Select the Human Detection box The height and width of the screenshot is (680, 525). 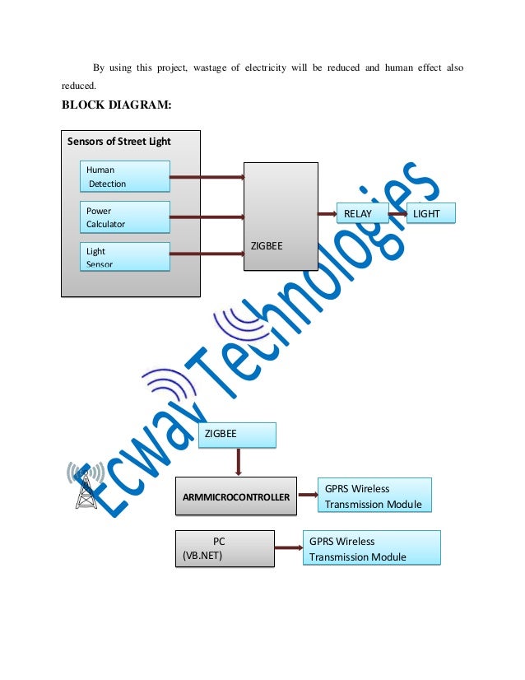[125, 176]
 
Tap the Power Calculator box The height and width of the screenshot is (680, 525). [125, 217]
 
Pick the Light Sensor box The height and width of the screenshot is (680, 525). [125, 256]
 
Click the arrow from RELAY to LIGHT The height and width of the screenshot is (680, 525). [398, 214]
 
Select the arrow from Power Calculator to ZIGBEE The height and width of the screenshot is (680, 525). [207, 217]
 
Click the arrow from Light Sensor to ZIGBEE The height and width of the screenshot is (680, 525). [207, 255]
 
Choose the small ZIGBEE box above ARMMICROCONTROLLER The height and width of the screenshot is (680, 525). [237, 435]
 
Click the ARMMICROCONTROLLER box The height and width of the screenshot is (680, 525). [235, 497]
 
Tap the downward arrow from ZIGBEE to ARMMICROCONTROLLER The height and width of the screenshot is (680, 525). [239, 462]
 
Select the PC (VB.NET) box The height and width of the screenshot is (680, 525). [225, 549]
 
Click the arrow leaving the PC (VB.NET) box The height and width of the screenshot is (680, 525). [288, 548]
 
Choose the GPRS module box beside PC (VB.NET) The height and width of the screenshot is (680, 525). [372, 549]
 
